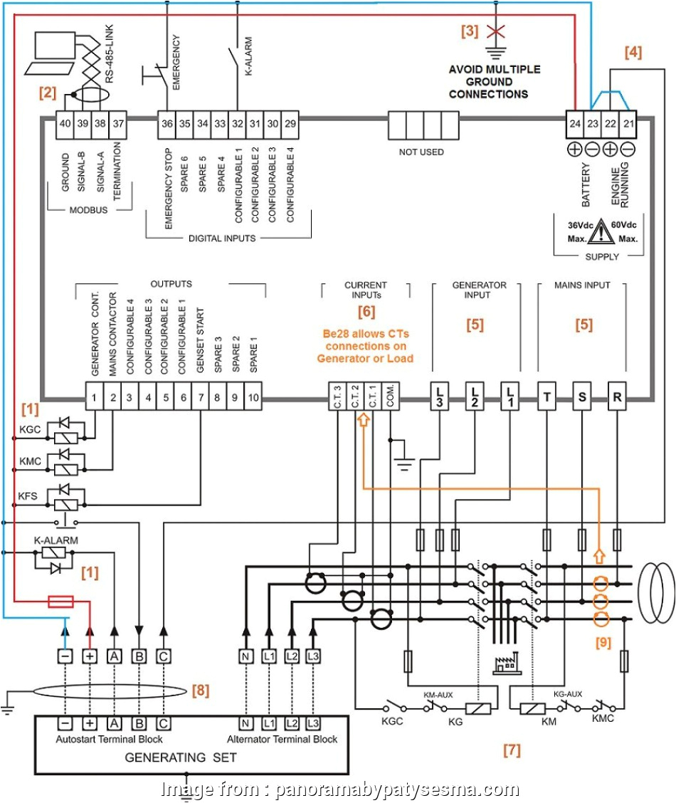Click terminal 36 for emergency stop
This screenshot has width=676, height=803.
point(167,124)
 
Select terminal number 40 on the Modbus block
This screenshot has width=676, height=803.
point(65,124)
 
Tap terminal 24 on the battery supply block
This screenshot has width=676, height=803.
point(575,124)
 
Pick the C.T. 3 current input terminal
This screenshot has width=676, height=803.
point(336,395)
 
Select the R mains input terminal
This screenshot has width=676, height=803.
point(617,395)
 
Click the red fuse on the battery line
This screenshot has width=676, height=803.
point(60,602)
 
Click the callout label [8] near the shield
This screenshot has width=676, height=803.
point(201,690)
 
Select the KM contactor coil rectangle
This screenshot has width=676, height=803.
point(533,708)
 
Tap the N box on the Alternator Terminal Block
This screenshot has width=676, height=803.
point(246,723)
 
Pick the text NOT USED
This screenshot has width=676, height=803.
point(421,152)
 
